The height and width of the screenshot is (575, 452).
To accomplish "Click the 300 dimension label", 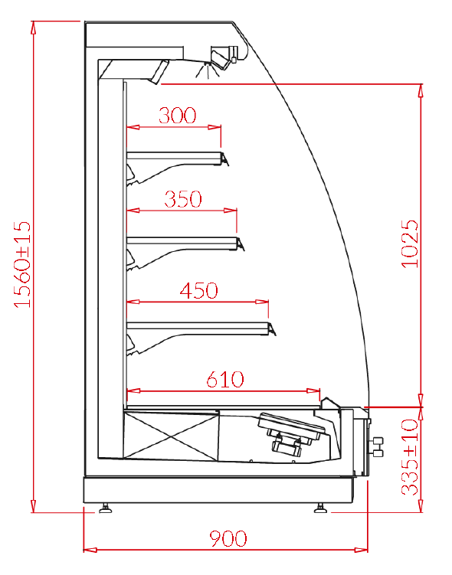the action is point(178,115).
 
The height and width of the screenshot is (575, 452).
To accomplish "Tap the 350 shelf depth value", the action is point(183,199).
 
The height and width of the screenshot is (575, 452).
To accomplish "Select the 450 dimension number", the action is point(199,290).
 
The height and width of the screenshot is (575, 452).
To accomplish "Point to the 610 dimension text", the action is point(225,379).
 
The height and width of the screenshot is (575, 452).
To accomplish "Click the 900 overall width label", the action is point(228,538).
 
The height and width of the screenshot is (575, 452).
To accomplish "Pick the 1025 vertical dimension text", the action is point(410,244).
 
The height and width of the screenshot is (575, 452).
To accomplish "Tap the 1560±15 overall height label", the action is point(23,264).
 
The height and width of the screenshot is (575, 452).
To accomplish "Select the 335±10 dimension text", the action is point(410,457).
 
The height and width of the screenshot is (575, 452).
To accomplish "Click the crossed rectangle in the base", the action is point(172,436).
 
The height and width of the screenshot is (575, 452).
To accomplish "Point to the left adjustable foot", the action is point(106,508).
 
